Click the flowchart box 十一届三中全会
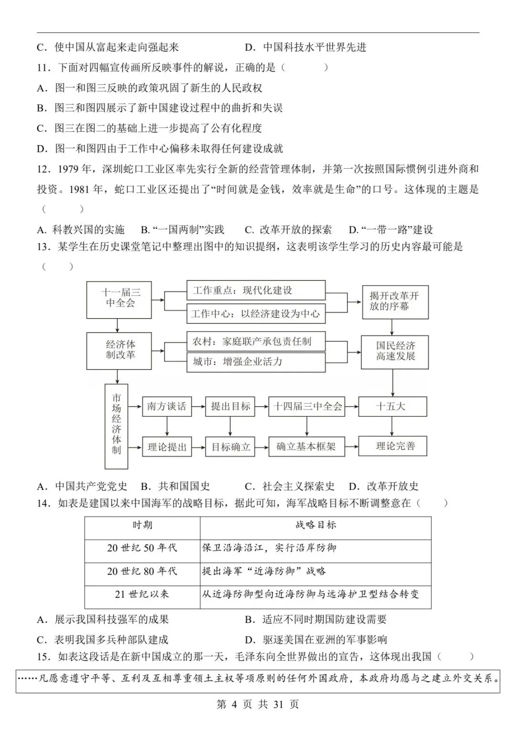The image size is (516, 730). (x=119, y=300)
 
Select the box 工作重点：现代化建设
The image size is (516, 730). (x=256, y=290)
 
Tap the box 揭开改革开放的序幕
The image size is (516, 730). (x=395, y=302)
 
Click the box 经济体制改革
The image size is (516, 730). (x=119, y=351)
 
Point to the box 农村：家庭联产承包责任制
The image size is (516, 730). (x=256, y=342)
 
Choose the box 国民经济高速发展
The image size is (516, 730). (x=395, y=352)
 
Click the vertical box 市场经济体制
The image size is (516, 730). (x=117, y=426)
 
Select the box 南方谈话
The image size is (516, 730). (x=166, y=407)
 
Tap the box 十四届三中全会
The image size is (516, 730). (x=307, y=407)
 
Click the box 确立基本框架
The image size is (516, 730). (x=307, y=447)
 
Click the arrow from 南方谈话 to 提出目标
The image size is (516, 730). (x=198, y=407)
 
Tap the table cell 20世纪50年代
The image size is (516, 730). (x=142, y=548)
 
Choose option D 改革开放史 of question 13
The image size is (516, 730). (x=384, y=486)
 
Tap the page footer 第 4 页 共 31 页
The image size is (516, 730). (x=258, y=704)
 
